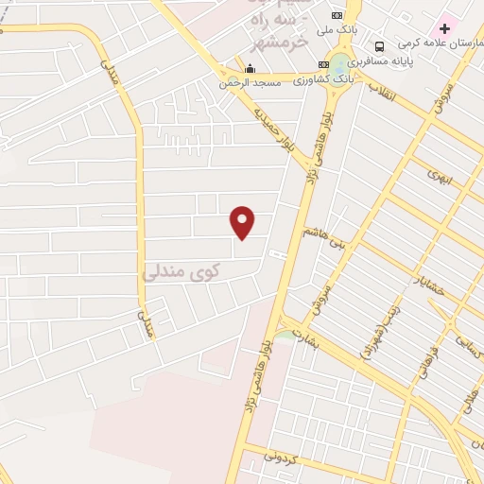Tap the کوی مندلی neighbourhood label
(x=181, y=272)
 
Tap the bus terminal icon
(x=379, y=46)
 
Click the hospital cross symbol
(x=445, y=28)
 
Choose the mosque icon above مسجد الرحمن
(x=249, y=68)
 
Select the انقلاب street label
(x=390, y=95)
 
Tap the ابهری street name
(x=440, y=177)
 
